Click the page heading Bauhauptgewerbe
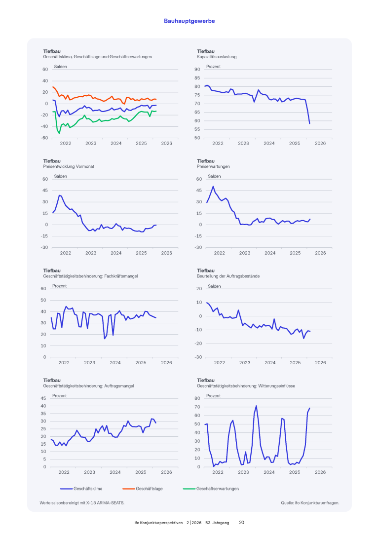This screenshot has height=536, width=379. coord(189,21)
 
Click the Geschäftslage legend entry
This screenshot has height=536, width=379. coord(149,489)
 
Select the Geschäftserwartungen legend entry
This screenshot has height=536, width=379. coord(218,489)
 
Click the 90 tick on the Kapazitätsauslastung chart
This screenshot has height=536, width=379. coord(197,70)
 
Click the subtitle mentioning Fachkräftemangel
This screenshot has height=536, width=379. coord(90,276)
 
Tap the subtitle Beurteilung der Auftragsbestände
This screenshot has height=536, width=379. coord(228,276)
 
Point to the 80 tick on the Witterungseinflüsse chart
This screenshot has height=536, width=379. coord(197,398)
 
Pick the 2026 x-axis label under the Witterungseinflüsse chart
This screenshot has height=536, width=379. coord(320,472)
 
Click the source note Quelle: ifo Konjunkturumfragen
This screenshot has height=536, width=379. coord(309,503)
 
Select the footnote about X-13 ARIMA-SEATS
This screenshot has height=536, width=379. coord(82,503)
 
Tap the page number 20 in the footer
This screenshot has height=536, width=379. coord(242,522)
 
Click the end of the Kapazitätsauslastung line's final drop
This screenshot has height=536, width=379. coord(309,123)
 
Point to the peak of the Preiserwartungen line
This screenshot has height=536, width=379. coord(213,187)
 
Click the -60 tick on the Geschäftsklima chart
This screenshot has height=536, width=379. coord(44,138)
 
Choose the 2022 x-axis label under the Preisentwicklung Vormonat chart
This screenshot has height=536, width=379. coord(65,253)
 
